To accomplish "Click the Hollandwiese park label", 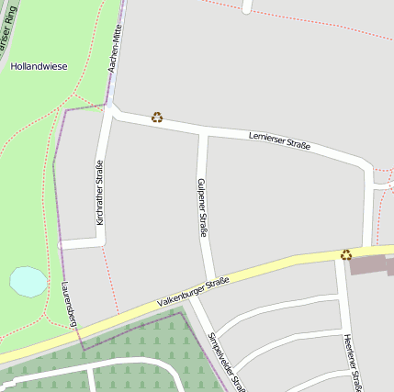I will tap(39, 67).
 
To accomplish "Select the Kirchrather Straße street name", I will tap(99, 192).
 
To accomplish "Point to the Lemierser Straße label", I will tap(279, 140).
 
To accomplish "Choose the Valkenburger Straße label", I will tap(192, 293).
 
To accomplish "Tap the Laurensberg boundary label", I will tap(68, 304).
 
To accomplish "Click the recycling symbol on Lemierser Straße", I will tap(157, 118).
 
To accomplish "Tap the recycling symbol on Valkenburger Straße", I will tap(346, 254).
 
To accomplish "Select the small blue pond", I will tap(28, 281).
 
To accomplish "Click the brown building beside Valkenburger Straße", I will tap(373, 266).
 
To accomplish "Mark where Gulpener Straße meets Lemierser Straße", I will tap(203, 133).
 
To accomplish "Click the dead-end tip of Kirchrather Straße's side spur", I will tap(61, 245).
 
